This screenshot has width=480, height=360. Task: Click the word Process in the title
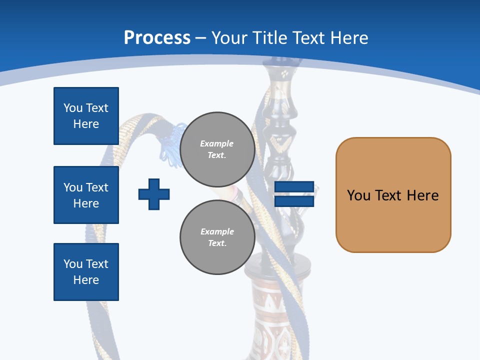point(157,38)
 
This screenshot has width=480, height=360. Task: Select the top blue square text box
point(86,116)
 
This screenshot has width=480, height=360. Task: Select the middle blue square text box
point(86,195)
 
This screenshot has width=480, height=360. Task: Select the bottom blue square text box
point(86,272)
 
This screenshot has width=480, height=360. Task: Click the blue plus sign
point(154,194)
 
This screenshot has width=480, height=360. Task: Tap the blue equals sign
point(294,194)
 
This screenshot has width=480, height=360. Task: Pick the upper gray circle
point(217,149)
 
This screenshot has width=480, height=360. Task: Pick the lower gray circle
point(217,237)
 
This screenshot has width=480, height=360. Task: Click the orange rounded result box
point(393,195)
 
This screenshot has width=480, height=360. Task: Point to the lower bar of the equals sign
point(294,201)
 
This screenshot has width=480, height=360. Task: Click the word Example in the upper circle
point(217,143)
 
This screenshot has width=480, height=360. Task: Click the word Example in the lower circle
point(217,231)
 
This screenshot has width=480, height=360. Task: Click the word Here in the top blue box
point(86,124)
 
